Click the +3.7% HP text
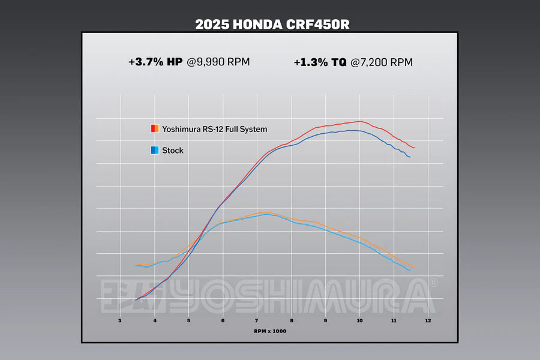point(155,61)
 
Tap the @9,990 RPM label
point(218,61)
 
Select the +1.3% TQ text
point(320,62)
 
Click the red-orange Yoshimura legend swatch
point(154,128)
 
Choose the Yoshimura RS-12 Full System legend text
point(214,129)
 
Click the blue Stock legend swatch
point(154,150)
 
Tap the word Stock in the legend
point(173,151)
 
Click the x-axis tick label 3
point(120,321)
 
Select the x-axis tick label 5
point(188,321)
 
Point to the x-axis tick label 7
point(257,321)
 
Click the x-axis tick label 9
point(325,321)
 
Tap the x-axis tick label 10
point(359,321)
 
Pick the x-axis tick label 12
point(428,321)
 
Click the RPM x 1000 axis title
point(269,331)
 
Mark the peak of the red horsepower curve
point(359,121)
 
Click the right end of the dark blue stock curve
point(410,157)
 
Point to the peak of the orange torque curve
point(264,212)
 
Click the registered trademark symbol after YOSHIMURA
point(434,283)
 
